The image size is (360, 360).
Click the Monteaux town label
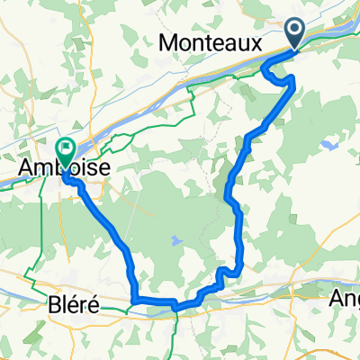tap(210, 42)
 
